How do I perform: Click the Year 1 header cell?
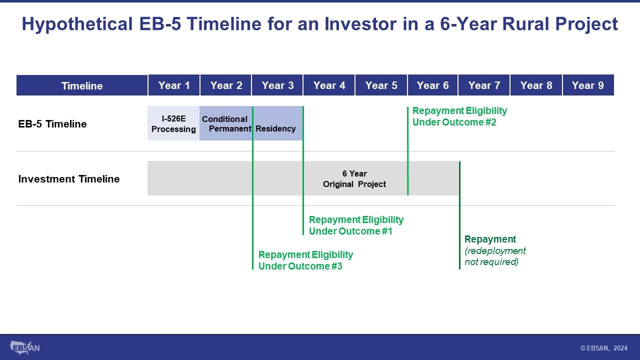coord(173,85)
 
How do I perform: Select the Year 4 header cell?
coord(329,85)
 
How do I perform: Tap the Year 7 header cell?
coord(484,85)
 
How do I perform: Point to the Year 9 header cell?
coord(588,85)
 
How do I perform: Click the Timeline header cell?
coord(82,85)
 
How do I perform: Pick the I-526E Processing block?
coord(173,123)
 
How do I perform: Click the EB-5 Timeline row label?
coord(52,124)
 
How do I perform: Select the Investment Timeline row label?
coord(69,179)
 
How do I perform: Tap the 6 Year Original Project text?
coord(354,179)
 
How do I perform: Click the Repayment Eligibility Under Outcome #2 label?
coord(459,116)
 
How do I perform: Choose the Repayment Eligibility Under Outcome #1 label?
coord(356,225)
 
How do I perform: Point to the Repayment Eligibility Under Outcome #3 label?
coord(305,260)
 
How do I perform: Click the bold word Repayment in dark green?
coord(490,239)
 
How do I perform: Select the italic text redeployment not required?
coord(495,256)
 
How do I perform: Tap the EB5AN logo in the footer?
coord(25,347)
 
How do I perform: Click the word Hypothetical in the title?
coord(77,24)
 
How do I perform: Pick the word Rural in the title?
coord(525,23)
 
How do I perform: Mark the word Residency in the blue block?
coord(275,129)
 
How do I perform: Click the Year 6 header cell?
coord(432,85)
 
